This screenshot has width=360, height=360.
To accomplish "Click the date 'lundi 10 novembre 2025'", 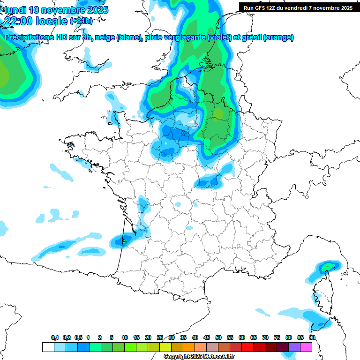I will pyautogui.click(x=56, y=9).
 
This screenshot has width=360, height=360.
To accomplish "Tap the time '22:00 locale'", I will pyautogui.click(x=36, y=21).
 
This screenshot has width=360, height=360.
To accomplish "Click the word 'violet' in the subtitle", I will pyautogui.click(x=218, y=37).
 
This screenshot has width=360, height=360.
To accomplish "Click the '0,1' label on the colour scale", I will pyautogui.click(x=55, y=337).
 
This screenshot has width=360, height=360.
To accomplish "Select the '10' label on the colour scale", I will pyautogui.click(x=125, y=337).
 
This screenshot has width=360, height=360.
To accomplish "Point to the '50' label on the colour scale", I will pyautogui.click(x=218, y=337).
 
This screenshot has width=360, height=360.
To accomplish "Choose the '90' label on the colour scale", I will pyautogui.click(x=312, y=337).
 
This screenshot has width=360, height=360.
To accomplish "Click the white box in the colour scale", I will pyautogui.click(x=48, y=347).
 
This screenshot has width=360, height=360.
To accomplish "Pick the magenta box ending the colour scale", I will pyautogui.click(x=306, y=347).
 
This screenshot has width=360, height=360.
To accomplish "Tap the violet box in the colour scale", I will pyautogui.click(x=294, y=347).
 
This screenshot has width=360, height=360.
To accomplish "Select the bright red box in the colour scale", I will pyautogui.click(x=247, y=347).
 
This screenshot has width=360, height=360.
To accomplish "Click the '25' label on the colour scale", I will pyautogui.click(x=160, y=337).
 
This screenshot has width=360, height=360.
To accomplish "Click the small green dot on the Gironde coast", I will pyautogui.click(x=124, y=240).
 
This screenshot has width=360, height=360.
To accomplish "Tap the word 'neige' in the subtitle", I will pyautogui.click(x=106, y=37).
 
